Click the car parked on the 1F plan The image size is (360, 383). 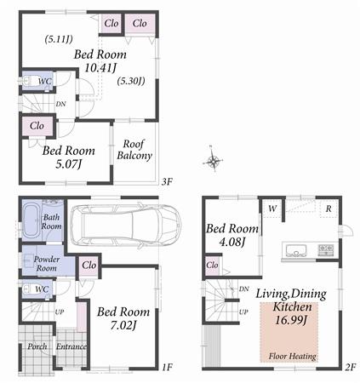[x=124, y=226]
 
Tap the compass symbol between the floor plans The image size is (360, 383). [x=214, y=159]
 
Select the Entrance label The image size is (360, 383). [x=71, y=346]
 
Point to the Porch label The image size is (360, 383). [x=37, y=346]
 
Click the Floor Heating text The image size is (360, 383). [x=292, y=356]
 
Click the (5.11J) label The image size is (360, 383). [x=59, y=38]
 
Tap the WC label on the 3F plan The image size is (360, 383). [x=45, y=82]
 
